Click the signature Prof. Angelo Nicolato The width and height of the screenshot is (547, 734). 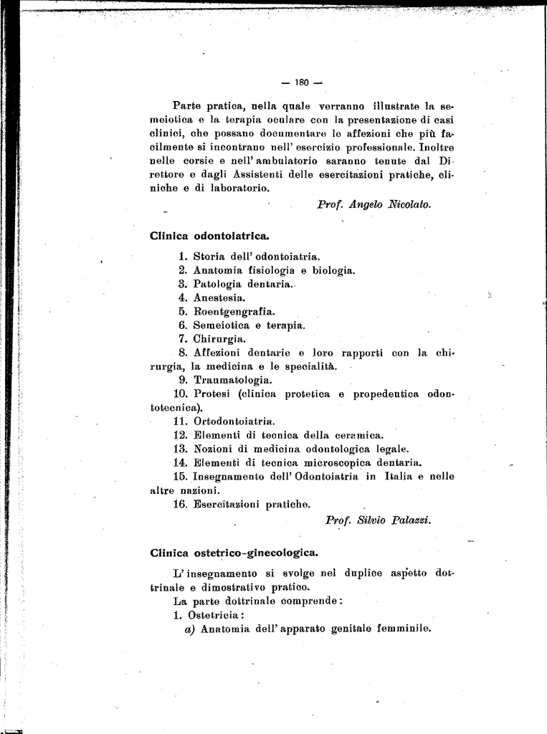[374, 204]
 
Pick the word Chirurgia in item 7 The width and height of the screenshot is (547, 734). [219, 338]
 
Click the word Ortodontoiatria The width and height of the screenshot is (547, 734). [234, 421]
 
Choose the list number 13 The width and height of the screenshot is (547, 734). [180, 449]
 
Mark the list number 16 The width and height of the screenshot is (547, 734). [180, 504]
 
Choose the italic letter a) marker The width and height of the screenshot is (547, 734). [191, 630]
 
